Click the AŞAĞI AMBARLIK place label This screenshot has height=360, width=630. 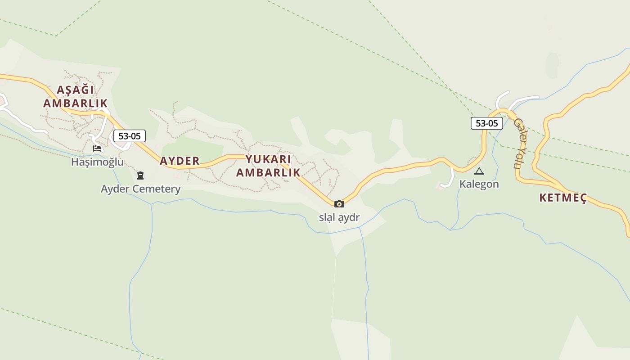(76, 96)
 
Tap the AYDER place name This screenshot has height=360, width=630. (180, 161)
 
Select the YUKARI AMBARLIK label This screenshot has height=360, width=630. (268, 166)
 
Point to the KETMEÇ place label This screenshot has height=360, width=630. (563, 198)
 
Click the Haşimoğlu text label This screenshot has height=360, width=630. (97, 162)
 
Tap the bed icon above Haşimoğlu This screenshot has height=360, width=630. (97, 148)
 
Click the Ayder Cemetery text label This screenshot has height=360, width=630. (140, 189)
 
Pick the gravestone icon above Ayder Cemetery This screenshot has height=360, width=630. (140, 175)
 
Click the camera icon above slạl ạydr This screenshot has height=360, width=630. (339, 204)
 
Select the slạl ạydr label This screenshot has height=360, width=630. (339, 217)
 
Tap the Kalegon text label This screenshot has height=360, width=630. (479, 184)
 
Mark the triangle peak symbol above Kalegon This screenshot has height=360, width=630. (479, 171)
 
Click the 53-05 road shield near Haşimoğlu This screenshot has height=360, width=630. (129, 136)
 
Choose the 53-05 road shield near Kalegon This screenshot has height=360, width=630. (486, 123)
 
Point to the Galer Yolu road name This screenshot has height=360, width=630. (520, 143)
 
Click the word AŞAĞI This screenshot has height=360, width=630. (76, 90)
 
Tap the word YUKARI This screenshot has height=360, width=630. (268, 159)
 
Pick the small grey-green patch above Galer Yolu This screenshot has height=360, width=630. (552, 65)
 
